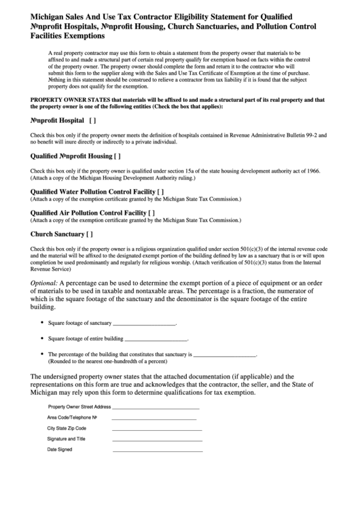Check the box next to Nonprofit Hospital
[x=92, y=120]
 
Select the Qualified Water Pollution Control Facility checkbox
[x=161, y=192]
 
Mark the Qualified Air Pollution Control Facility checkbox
[x=152, y=213]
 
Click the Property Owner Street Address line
[x=156, y=406]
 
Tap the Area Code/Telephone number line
[x=156, y=417]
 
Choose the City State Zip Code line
[x=157, y=429]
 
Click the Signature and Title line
[x=157, y=440]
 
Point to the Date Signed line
[x=157, y=451]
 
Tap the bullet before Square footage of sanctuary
[x=42, y=323]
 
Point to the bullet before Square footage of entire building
[x=42, y=338]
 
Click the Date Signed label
[x=59, y=449]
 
